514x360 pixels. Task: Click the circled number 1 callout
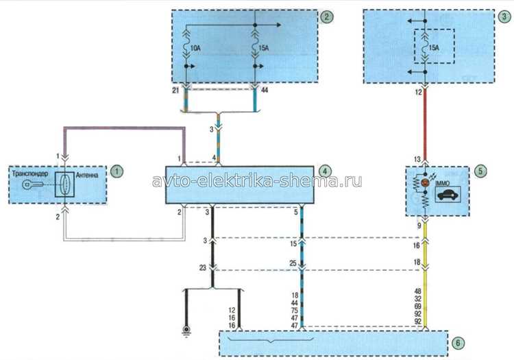point(117,171)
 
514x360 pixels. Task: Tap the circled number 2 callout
point(326,16)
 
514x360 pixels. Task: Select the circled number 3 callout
point(505,16)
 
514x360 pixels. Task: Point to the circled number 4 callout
point(325,171)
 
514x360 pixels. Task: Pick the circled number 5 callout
point(480,171)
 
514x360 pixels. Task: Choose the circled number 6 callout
point(458,343)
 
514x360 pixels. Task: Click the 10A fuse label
point(195,49)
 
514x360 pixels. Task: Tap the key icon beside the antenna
point(32,185)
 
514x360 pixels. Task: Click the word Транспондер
point(30,173)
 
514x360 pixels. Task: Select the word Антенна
point(87,175)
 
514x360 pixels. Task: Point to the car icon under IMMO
point(448,195)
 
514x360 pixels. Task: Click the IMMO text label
point(443,184)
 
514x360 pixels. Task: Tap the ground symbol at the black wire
point(186,330)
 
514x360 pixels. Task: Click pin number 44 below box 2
point(265,90)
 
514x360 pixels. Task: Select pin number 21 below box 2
point(175,90)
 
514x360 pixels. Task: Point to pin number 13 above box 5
point(417,159)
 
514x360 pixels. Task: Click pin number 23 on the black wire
point(203,268)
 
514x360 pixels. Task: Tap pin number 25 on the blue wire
point(293,263)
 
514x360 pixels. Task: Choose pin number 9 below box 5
point(419,226)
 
